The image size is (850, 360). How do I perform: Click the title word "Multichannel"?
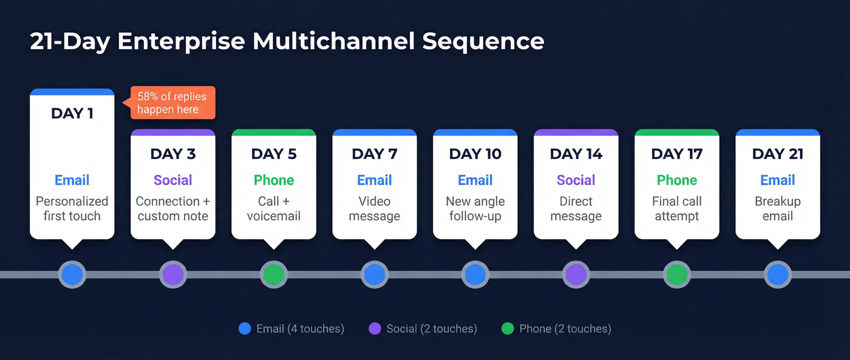(333, 41)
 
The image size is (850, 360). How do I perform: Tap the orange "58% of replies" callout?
(172, 103)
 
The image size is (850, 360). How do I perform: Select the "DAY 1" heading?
(72, 114)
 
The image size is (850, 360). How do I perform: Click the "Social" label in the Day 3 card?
(172, 180)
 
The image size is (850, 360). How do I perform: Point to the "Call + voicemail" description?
(274, 208)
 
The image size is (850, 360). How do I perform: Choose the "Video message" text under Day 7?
(375, 208)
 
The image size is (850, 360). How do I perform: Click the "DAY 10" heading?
(475, 154)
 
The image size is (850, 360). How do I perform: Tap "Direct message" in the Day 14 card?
(576, 208)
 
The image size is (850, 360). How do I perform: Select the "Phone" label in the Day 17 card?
(676, 180)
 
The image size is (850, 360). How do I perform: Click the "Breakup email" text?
(777, 208)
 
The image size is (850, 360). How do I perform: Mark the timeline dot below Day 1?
(72, 274)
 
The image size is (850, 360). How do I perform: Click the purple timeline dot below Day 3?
(173, 274)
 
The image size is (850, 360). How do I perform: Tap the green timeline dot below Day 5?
(274, 274)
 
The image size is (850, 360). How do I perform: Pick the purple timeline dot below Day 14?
(576, 274)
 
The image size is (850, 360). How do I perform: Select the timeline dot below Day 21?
(777, 274)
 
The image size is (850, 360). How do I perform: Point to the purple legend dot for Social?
(375, 329)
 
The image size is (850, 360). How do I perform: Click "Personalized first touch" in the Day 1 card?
(72, 208)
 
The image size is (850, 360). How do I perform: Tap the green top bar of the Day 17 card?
(676, 132)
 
